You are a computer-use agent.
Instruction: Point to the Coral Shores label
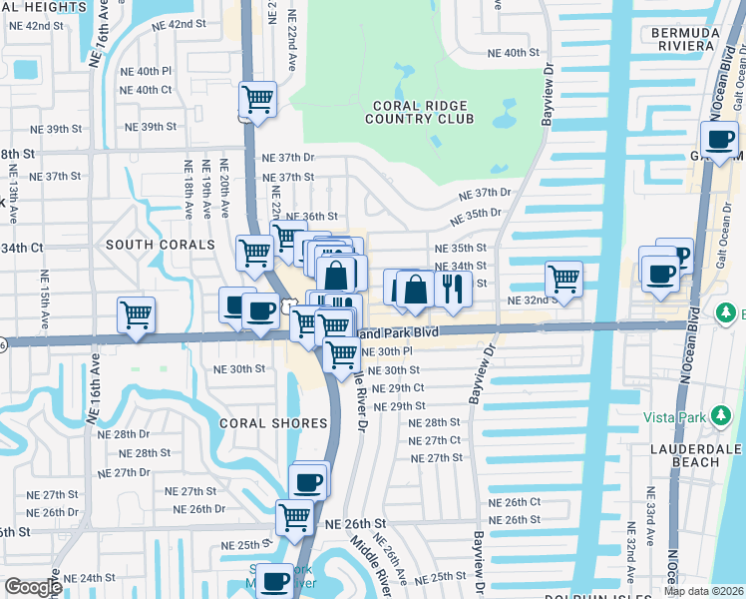tap(273, 423)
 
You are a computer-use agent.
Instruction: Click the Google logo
tap(33, 587)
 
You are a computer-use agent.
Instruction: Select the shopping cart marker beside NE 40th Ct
tap(258, 100)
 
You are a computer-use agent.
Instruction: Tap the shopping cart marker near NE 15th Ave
tap(136, 314)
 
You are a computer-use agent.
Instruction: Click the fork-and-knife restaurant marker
tap(454, 288)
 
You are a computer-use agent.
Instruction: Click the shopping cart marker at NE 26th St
tap(294, 517)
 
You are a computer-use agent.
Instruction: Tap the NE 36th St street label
tap(312, 217)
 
